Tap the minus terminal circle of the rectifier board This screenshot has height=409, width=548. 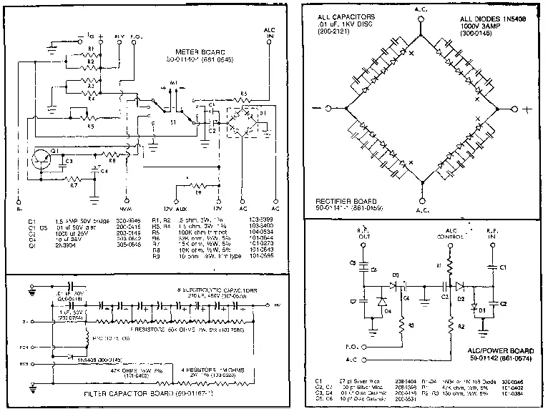click(x=328, y=109)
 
